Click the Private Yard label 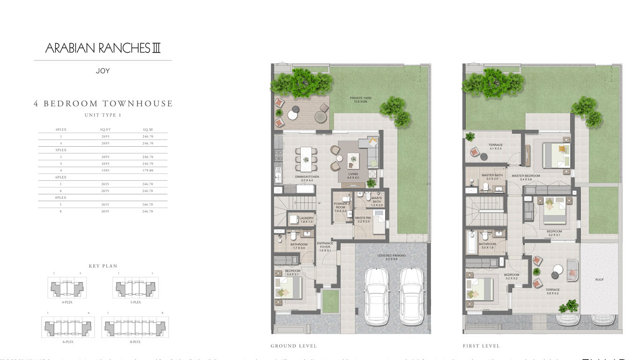tap(360, 99)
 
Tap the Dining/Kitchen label tap(307, 178)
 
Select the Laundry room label tap(306, 219)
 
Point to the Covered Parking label tap(391, 257)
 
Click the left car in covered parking tap(377, 296)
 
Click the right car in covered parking tap(412, 296)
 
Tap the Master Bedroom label tap(525, 178)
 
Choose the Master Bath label tap(492, 177)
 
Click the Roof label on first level tap(599, 280)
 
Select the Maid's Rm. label tap(362, 219)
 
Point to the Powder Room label tap(341, 207)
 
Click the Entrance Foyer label tap(325, 247)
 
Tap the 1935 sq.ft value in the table tap(105, 171)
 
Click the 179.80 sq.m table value tap(148, 171)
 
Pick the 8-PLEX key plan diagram tap(135, 327)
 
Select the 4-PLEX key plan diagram tap(67, 287)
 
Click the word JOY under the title tap(103, 71)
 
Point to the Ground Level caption tap(294, 346)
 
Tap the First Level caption tap(481, 346)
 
